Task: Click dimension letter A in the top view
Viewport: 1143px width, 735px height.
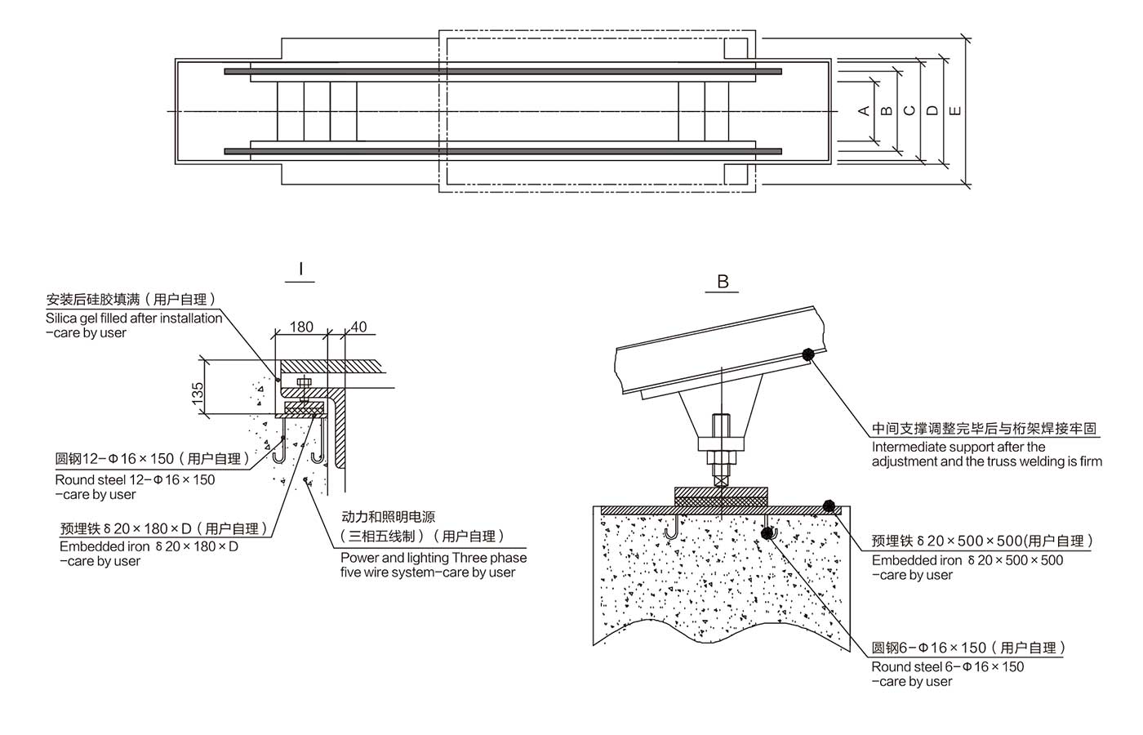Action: [x=865, y=110]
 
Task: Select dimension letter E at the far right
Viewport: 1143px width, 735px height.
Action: [x=956, y=110]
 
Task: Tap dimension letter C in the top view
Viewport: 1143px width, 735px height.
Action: [x=910, y=110]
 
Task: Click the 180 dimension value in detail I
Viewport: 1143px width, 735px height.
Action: [x=301, y=327]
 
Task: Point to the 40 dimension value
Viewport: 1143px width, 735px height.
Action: [x=358, y=327]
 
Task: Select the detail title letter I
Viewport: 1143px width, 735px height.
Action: [x=300, y=269]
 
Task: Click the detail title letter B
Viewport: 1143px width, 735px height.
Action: [x=723, y=282]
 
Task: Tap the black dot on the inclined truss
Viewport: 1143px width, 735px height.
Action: [x=807, y=354]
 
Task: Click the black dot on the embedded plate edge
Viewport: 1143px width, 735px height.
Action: [x=829, y=506]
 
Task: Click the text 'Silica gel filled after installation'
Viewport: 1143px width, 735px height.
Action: [x=134, y=318]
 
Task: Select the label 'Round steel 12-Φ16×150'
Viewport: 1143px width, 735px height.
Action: [x=136, y=479]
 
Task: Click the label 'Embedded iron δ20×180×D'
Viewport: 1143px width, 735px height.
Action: [x=149, y=546]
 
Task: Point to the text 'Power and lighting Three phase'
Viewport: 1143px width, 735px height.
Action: [x=434, y=558]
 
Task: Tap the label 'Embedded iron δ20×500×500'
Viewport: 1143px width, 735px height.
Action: [x=967, y=560]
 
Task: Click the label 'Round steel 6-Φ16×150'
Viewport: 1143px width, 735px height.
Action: [x=947, y=666]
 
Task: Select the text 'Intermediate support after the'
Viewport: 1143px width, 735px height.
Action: [x=958, y=447]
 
